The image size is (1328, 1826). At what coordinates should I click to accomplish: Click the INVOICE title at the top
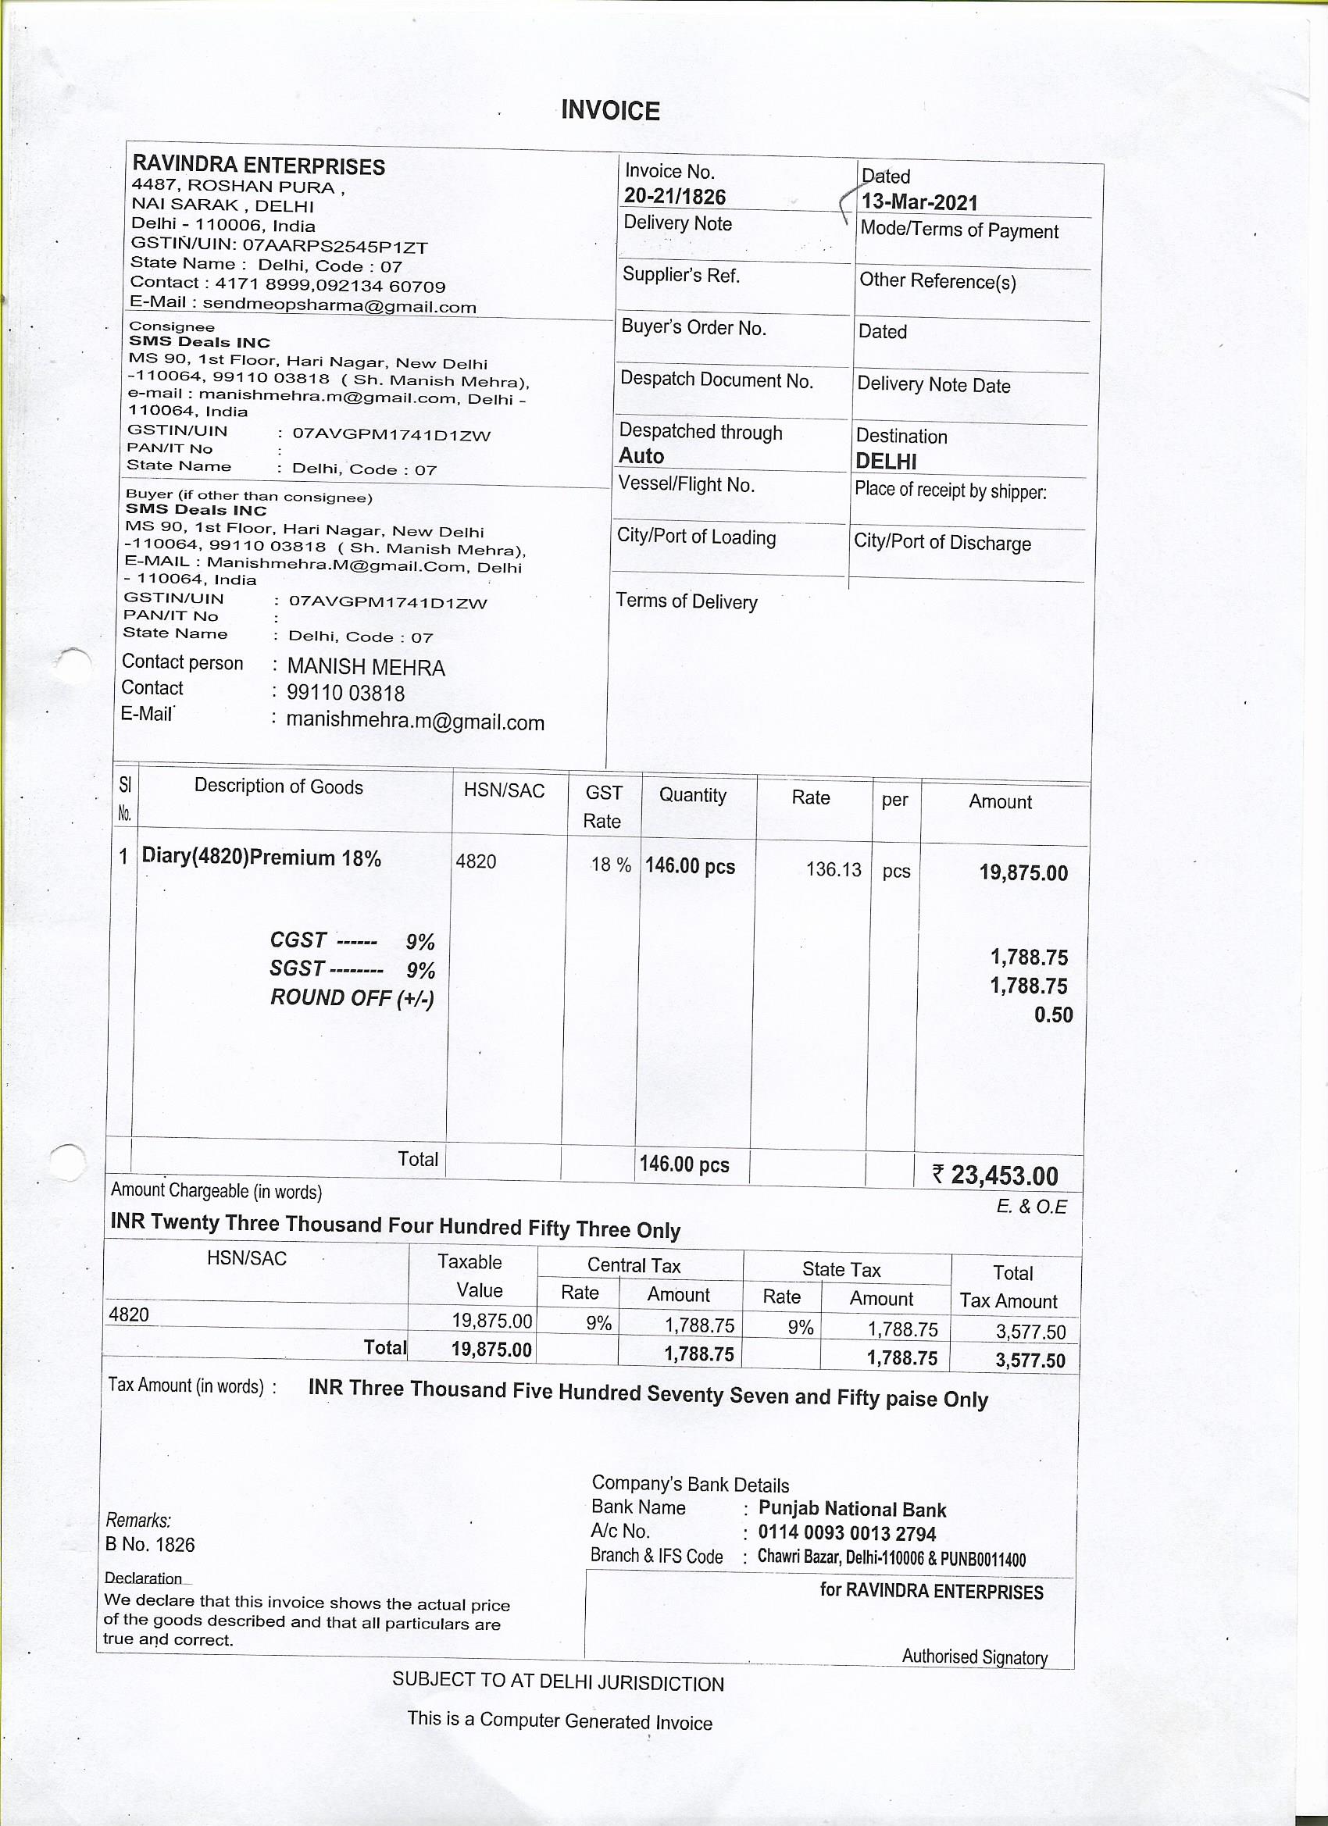609,110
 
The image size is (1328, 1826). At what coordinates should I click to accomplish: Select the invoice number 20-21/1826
674,198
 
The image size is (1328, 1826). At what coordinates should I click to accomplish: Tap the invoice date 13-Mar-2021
919,202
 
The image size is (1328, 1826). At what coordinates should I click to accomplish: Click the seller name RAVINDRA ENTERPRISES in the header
259,166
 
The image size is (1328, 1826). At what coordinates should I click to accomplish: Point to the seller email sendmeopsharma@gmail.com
339,306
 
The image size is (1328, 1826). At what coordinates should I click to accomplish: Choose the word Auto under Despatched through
641,456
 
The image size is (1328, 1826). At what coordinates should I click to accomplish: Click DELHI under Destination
885,462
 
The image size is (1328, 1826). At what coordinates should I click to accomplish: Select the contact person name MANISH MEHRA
366,668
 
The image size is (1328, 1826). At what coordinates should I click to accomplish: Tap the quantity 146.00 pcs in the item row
689,867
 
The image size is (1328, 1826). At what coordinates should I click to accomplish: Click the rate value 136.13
833,869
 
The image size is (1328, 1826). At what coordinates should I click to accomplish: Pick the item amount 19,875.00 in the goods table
1023,872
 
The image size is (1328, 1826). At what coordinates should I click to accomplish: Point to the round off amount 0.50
1053,1015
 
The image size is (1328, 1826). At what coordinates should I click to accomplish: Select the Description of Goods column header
279,786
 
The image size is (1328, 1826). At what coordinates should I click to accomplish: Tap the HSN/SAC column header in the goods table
504,791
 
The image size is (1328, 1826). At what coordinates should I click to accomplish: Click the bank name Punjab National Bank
852,1510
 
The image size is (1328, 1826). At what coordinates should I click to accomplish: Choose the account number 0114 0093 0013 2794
847,1534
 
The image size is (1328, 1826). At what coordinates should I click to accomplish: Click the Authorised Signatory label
974,1656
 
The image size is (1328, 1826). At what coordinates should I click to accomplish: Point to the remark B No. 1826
150,1544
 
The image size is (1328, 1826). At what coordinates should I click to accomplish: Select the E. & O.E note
1031,1207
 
